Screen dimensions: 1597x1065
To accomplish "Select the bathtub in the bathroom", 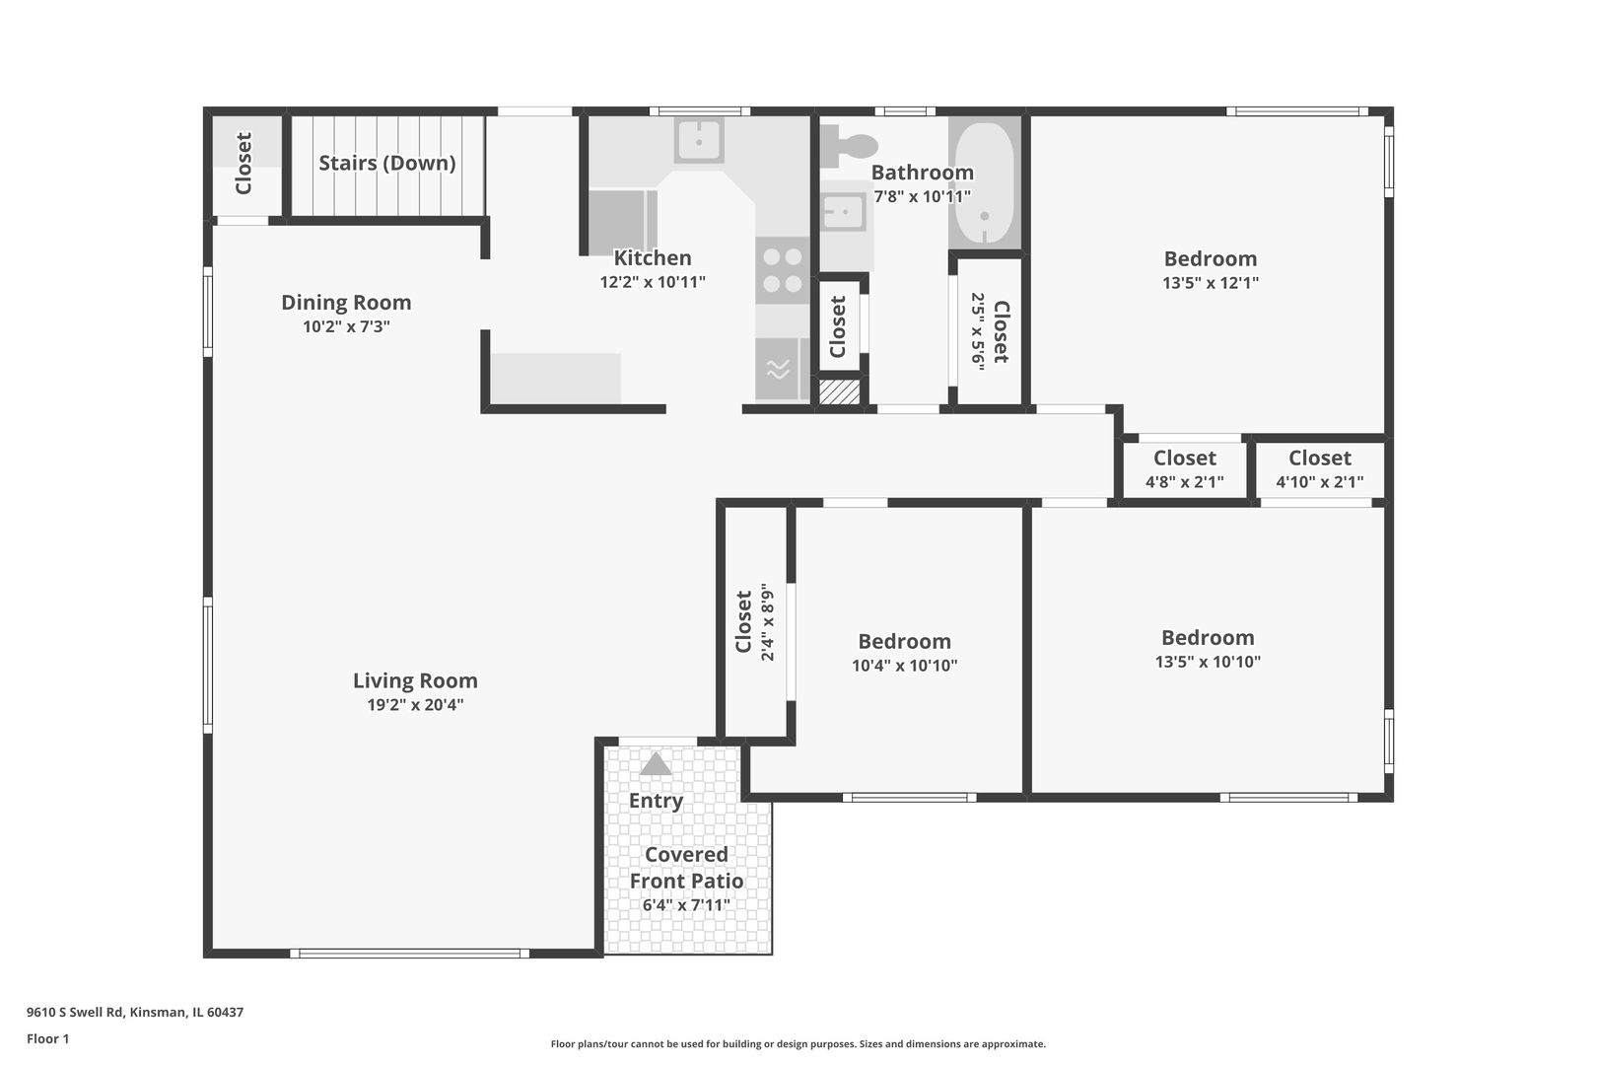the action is [x=985, y=182].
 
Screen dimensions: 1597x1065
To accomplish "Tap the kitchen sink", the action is [x=699, y=141].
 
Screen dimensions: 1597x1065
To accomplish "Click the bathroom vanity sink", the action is [x=844, y=212].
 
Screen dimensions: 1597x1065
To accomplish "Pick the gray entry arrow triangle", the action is [x=656, y=763].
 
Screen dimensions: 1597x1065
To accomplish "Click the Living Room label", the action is [x=415, y=680].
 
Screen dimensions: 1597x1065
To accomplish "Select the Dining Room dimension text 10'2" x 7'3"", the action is [x=346, y=326].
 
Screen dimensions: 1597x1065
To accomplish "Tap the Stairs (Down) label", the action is [x=387, y=163].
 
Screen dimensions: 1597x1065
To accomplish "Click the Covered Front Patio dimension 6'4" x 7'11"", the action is [x=686, y=905].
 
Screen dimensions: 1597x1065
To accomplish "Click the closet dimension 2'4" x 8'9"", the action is [x=767, y=622].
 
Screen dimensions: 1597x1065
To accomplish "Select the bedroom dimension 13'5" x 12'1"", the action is [x=1210, y=282].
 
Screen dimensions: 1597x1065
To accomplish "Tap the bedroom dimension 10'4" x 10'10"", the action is [x=904, y=666].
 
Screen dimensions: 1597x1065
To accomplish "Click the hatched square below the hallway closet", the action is [x=839, y=392].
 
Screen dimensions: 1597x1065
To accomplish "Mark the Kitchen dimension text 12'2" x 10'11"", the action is [x=653, y=282].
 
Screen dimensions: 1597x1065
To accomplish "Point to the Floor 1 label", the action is [x=47, y=1038].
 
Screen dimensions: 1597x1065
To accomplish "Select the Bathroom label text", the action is [x=922, y=172].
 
